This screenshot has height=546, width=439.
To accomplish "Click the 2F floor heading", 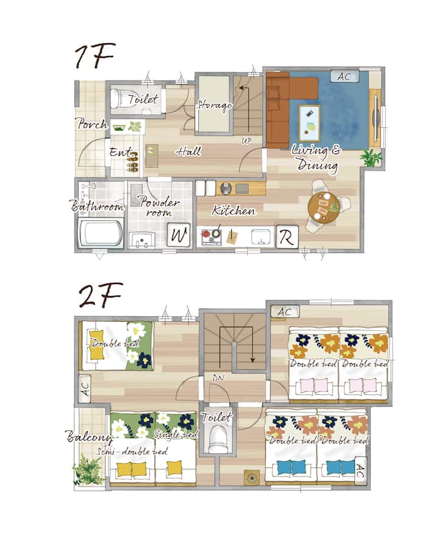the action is point(101,295).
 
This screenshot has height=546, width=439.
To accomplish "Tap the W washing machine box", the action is point(179,235).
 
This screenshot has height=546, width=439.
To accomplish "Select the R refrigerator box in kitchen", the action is point(287,237).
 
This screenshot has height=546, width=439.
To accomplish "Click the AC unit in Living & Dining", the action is point(344,76).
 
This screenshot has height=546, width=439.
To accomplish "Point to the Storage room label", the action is point(214,105).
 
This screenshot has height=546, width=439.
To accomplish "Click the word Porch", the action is point(91,124).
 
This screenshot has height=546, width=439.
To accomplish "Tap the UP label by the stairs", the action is point(246,141).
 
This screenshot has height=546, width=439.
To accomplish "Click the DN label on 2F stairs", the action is point(218,377).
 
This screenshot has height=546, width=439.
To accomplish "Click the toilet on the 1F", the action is point(120,99).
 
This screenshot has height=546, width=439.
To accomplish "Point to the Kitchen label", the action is point(234,210).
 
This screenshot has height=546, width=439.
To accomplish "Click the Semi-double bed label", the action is point(132,452).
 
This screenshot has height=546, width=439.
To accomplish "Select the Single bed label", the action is point(176,434).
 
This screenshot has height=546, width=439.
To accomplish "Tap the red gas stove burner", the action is point(206,234).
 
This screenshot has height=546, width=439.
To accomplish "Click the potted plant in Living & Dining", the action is point(371,158).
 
